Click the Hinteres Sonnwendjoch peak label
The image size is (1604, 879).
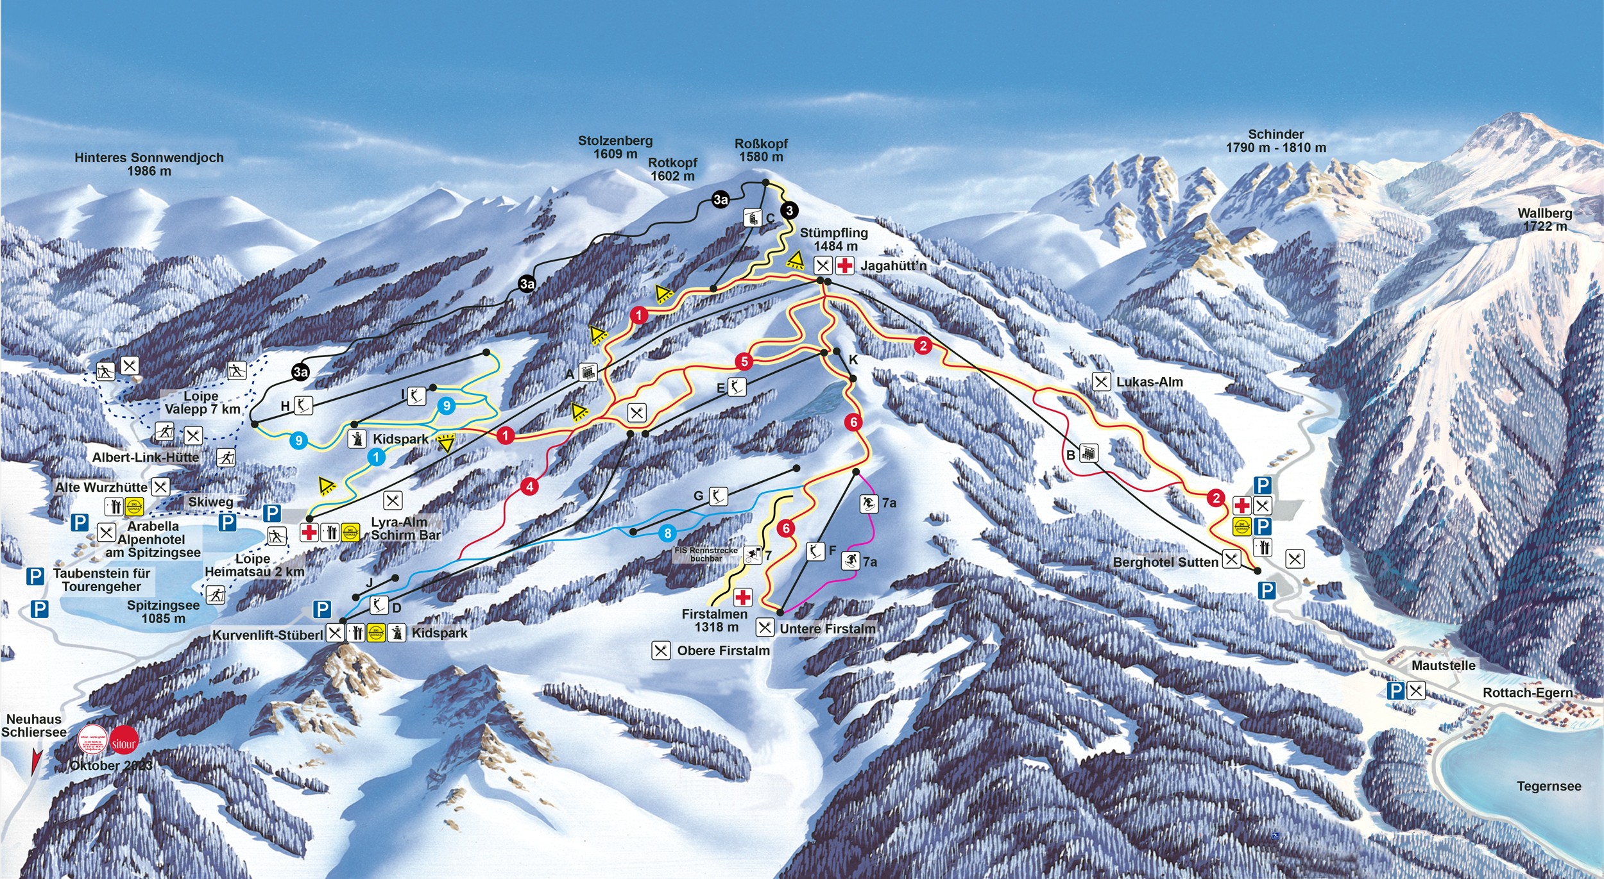click(x=149, y=163)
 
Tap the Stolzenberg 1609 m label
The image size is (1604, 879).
click(x=615, y=147)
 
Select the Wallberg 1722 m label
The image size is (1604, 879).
click(x=1544, y=219)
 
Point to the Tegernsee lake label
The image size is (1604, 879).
click(x=1548, y=786)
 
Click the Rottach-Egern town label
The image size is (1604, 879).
click(x=1527, y=692)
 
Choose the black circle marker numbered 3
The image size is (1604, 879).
click(x=789, y=210)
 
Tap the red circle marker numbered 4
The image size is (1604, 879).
click(x=529, y=487)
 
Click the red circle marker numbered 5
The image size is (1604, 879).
click(x=744, y=362)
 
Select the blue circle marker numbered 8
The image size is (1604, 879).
click(x=668, y=533)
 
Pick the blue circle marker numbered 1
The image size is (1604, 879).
click(x=376, y=457)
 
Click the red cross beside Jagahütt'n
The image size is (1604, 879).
click(x=844, y=265)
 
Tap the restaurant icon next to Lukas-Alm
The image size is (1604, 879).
click(x=1101, y=382)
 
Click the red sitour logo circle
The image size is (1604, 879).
click(x=124, y=742)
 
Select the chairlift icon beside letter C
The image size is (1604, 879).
click(x=752, y=217)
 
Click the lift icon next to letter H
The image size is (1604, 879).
click(x=303, y=405)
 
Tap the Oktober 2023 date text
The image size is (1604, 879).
click(x=111, y=766)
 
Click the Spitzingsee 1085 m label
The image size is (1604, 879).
click(x=163, y=612)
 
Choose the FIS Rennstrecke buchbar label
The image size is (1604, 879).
click(x=706, y=555)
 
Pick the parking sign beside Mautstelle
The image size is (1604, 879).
click(x=1395, y=691)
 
